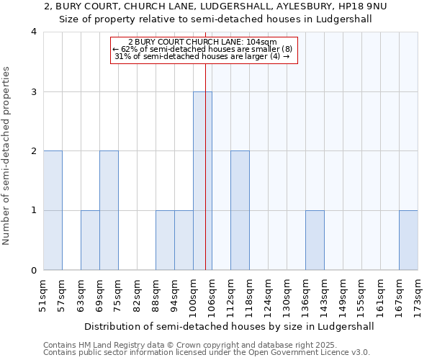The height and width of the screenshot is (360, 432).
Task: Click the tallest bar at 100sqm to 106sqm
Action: pyautogui.click(x=202, y=181)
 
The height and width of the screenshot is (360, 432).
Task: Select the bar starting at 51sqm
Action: pyautogui.click(x=53, y=210)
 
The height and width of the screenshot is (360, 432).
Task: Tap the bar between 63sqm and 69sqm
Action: pyautogui.click(x=90, y=240)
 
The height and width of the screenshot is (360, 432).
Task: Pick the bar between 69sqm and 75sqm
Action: pyautogui.click(x=109, y=210)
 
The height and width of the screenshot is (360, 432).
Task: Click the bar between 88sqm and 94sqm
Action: pyautogui.click(x=165, y=240)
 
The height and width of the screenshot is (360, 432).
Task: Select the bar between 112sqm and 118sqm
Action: pyautogui.click(x=240, y=210)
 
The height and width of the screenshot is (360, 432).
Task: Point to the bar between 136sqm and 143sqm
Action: pyautogui.click(x=315, y=240)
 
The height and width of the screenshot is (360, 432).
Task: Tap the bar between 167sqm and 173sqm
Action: pyautogui.click(x=408, y=240)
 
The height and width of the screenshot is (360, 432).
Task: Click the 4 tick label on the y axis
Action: pyautogui.click(x=34, y=32)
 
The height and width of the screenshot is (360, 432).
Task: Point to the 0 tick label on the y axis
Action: pyautogui.click(x=34, y=271)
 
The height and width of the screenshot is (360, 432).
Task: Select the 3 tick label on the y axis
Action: pyautogui.click(x=34, y=91)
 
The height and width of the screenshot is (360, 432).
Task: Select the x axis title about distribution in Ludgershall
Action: pyautogui.click(x=230, y=326)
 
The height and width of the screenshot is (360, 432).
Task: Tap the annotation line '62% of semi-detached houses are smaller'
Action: pyautogui.click(x=203, y=49)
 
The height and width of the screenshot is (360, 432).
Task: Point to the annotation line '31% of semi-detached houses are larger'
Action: pyautogui.click(x=203, y=57)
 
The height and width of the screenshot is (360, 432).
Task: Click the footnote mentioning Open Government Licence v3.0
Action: pyautogui.click(x=207, y=353)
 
